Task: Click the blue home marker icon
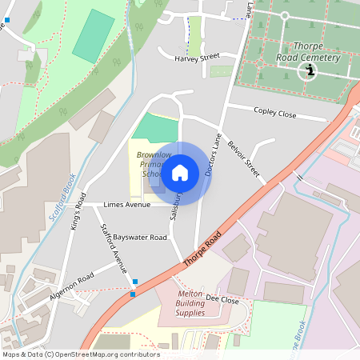pos(180,173)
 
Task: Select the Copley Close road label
pos(274,114)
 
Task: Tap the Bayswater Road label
pos(140,238)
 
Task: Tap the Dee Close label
pos(222,299)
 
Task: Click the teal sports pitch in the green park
pos(94,35)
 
